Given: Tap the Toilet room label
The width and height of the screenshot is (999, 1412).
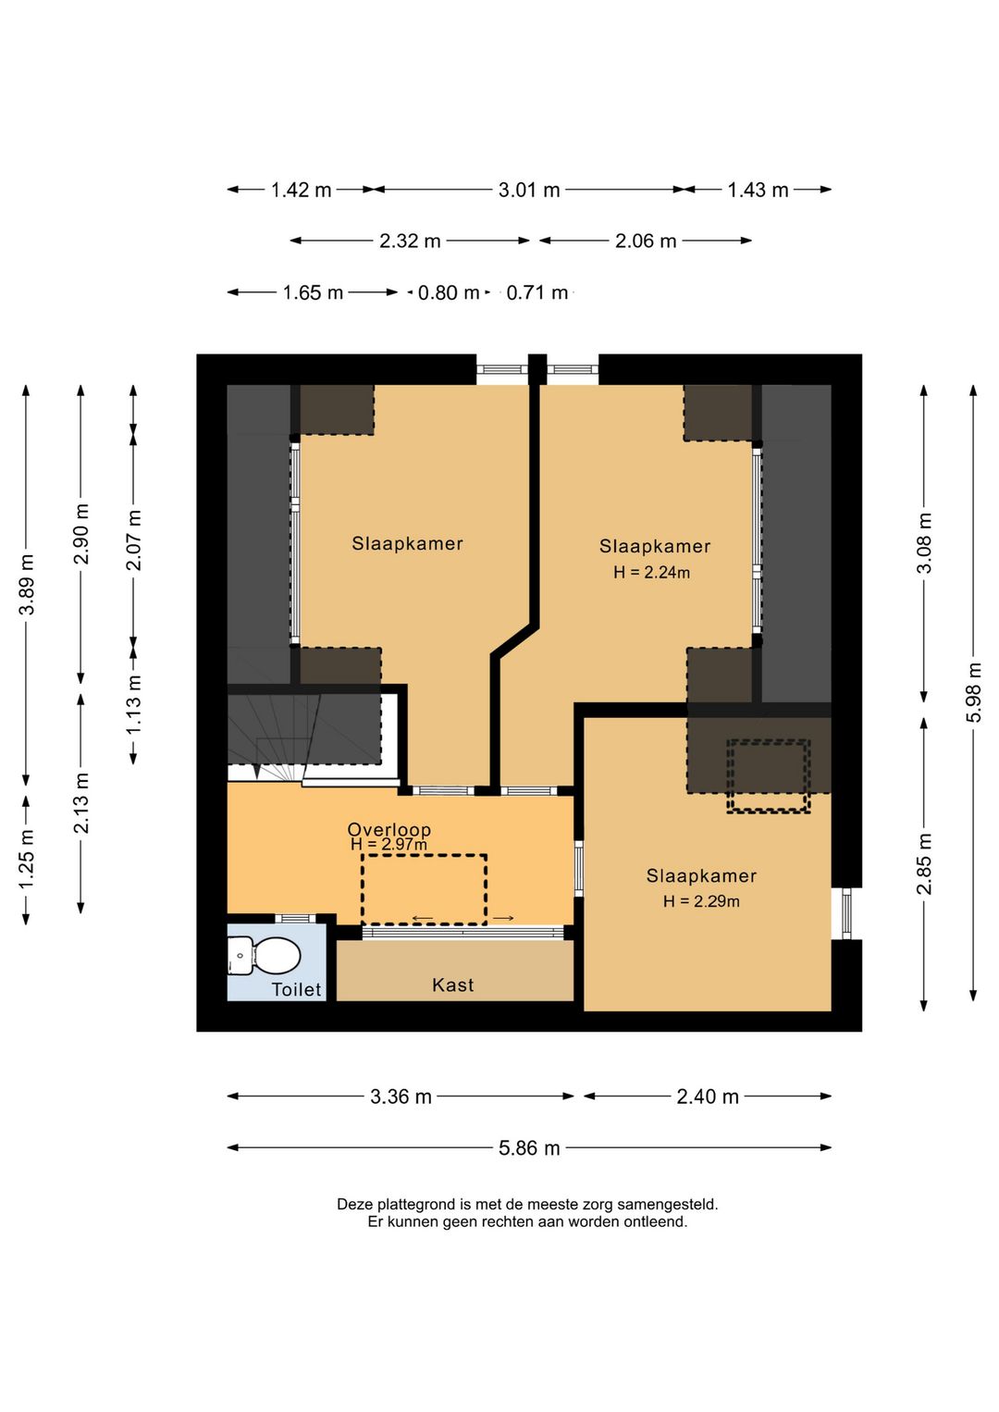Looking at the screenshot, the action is tap(296, 990).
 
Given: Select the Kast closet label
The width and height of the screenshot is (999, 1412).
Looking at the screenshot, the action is tap(452, 985).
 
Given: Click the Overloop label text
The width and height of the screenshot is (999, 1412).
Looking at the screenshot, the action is tap(388, 830).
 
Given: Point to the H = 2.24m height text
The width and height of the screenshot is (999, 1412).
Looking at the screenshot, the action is tap(652, 573).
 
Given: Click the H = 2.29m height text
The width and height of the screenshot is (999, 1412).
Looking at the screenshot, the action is tap(701, 901).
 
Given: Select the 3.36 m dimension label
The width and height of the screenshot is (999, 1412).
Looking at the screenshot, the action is tap(401, 1096).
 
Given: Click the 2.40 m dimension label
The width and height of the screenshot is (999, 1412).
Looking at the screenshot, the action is tap(708, 1096).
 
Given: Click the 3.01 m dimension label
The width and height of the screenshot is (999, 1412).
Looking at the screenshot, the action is tap(529, 190).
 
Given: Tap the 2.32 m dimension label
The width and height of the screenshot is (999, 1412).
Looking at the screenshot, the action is tap(410, 241).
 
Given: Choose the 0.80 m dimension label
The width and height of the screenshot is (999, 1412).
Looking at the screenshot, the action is tap(448, 292).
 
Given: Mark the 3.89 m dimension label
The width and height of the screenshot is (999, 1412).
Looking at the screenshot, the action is tap(27, 584).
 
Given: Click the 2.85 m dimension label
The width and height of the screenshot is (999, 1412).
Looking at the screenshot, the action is tap(924, 863).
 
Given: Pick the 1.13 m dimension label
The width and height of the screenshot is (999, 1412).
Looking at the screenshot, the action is tap(133, 704).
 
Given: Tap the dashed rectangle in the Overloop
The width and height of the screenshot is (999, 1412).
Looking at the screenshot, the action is tap(424, 855).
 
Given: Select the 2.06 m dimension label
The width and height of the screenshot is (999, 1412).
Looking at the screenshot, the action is tap(646, 241).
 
